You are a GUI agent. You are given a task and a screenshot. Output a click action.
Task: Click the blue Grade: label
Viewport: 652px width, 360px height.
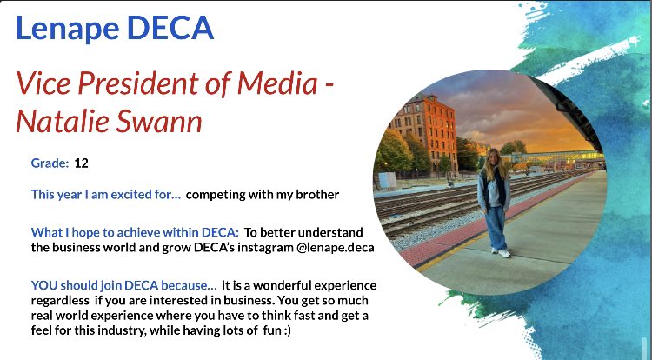point(50,163)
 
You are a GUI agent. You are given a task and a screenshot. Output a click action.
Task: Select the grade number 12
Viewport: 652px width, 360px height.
point(82,163)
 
